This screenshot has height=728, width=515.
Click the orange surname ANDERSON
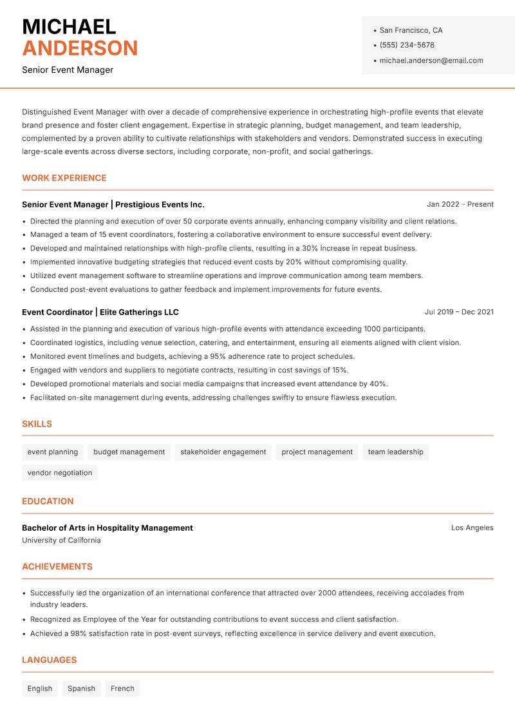point(80,48)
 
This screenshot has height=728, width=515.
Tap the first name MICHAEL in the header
point(69,26)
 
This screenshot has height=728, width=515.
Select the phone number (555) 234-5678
point(406,45)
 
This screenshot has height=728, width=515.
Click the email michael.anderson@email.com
point(431,61)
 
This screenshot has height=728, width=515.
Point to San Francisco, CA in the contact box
point(411,30)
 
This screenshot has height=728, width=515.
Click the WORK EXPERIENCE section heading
point(64,178)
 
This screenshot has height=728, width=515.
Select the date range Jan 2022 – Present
point(460,204)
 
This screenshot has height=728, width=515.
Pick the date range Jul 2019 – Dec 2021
point(459,312)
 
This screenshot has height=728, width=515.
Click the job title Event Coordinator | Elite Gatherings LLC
point(100,312)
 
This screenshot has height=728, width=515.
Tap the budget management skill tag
point(129,452)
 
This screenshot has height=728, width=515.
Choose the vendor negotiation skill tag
point(60,473)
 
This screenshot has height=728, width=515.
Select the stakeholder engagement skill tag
point(223,452)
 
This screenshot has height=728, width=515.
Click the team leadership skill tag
point(395,452)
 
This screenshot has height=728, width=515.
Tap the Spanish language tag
point(81,689)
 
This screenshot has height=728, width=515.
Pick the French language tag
point(122,689)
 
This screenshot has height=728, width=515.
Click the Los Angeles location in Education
point(472,528)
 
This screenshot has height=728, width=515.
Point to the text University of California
point(61,541)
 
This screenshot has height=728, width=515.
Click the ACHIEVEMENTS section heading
point(57,567)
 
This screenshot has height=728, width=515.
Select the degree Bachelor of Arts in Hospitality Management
point(108,528)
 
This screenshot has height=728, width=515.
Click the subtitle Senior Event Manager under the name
point(68,70)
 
